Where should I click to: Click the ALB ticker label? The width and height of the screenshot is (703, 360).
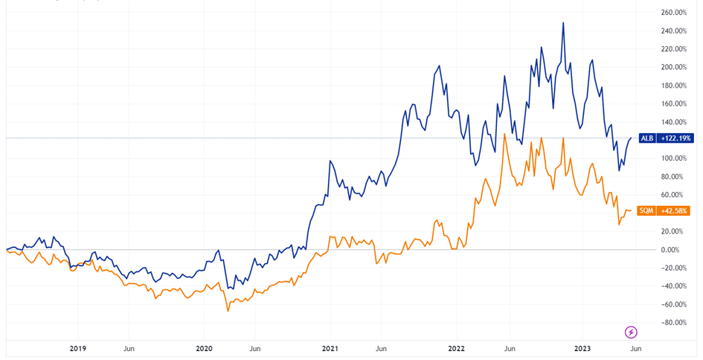(x=648, y=138)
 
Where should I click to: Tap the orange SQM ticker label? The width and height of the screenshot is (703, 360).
(x=647, y=210)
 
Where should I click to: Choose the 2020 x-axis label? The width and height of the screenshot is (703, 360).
(x=204, y=348)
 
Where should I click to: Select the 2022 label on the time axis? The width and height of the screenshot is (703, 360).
(x=456, y=348)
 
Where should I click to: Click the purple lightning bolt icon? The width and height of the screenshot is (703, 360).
(x=631, y=332)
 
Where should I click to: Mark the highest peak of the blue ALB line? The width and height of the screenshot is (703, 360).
(x=563, y=23)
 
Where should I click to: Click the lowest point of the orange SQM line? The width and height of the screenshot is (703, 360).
(x=228, y=310)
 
